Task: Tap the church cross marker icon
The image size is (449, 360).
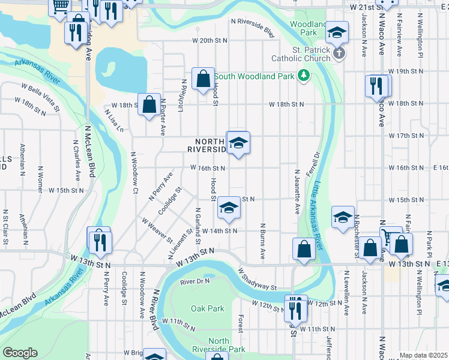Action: coord(339,53)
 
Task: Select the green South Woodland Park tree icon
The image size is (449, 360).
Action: coord(304,75)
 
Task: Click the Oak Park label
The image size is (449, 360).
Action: coord(208,308)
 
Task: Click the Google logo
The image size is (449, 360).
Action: coord(20,353)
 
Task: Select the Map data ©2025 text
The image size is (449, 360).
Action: coord(423,355)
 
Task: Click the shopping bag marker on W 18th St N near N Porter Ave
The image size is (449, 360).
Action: coord(148,105)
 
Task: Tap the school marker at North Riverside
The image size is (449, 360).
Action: coord(238,144)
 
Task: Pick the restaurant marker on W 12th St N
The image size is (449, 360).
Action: coord(295,307)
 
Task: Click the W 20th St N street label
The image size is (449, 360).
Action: coord(210,40)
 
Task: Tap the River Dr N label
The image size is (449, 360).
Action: coord(194,281)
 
